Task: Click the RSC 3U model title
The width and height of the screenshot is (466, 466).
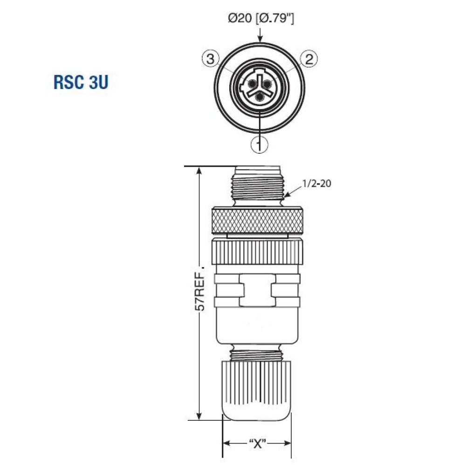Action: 82,82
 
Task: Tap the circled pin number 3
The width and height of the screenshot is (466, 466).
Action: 211,59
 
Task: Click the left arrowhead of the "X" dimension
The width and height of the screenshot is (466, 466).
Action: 226,443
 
